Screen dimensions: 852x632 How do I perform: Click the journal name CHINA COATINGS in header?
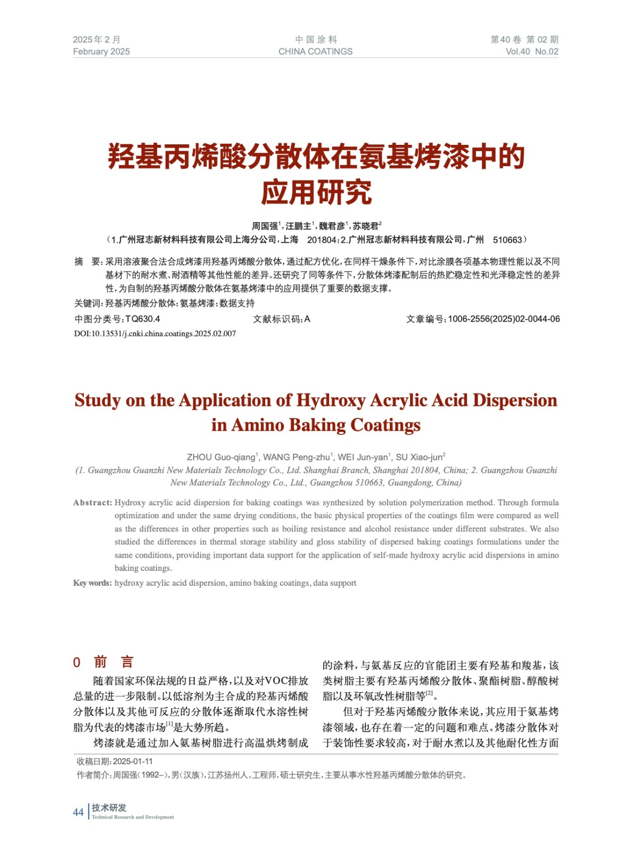tap(315, 52)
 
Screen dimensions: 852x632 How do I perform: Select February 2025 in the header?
tap(101, 52)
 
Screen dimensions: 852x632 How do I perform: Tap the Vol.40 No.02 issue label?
tap(531, 52)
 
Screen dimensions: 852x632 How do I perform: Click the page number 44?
tap(78, 812)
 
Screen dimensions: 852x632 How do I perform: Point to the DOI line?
tap(154, 334)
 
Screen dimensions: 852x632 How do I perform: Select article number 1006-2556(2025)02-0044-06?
tap(504, 319)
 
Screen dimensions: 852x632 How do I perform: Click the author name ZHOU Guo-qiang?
tap(221, 457)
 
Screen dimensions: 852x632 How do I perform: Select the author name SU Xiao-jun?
tap(419, 457)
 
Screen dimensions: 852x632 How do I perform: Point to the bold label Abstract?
tap(93, 503)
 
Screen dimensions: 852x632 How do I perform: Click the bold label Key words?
tap(93, 583)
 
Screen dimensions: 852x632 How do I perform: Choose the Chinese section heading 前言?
tap(113, 662)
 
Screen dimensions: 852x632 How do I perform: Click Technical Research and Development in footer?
tap(133, 817)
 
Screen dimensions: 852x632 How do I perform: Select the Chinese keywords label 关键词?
tap(87, 304)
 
